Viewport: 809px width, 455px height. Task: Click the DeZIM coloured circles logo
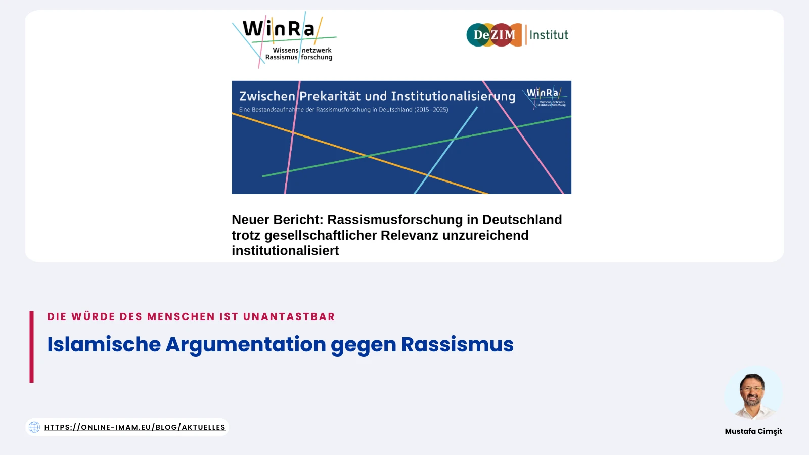tap(493, 35)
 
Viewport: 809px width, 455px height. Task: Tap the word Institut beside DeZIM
tap(549, 35)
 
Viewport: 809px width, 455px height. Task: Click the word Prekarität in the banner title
tap(330, 96)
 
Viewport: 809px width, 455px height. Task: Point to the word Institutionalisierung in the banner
tap(453, 96)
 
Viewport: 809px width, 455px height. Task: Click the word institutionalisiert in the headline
tap(285, 250)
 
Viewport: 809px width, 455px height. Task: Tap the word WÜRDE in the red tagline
tap(93, 316)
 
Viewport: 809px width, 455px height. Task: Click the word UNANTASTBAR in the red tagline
tap(289, 316)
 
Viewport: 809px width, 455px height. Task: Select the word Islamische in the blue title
tap(104, 344)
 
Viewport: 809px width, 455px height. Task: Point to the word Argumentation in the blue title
tap(246, 344)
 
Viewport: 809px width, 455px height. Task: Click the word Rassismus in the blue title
tap(457, 344)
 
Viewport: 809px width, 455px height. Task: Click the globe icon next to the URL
tap(34, 427)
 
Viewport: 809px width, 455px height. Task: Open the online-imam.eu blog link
tap(134, 427)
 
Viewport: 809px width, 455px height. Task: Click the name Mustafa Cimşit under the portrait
tap(753, 431)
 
